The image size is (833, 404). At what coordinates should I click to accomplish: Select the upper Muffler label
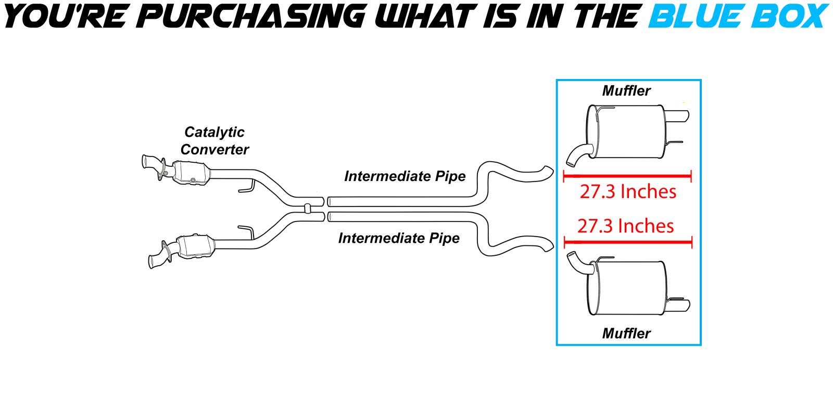(x=626, y=90)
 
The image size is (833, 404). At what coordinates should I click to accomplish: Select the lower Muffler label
(x=626, y=333)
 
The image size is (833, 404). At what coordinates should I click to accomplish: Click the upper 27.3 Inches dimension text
(x=628, y=192)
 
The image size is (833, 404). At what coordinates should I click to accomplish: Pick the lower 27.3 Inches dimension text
(x=625, y=226)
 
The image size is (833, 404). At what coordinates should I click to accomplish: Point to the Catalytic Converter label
(x=214, y=141)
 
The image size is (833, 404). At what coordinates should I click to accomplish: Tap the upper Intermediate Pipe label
(x=405, y=176)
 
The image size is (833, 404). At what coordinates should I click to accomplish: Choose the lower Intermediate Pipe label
(x=399, y=238)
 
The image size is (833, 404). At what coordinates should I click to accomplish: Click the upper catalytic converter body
(x=190, y=173)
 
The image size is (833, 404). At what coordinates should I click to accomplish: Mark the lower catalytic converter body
(x=196, y=246)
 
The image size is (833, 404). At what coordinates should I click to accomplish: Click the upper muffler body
(x=628, y=132)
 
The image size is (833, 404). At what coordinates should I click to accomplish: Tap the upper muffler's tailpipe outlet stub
(x=679, y=115)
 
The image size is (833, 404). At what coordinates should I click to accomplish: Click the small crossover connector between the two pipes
(x=308, y=207)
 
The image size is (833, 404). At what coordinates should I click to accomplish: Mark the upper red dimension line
(x=627, y=176)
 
